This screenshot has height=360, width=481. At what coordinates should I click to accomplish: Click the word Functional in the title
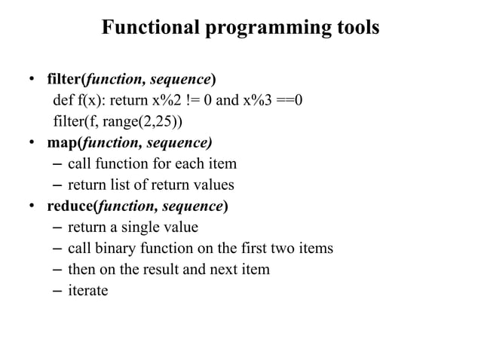(150, 28)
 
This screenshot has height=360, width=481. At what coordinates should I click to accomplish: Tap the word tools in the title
(354, 28)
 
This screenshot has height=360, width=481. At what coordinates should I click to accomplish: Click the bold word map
(63, 143)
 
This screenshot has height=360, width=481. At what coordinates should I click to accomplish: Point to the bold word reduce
(69, 206)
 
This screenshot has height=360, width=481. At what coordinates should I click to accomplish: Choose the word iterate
(87, 290)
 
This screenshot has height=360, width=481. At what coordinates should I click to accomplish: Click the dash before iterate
(58, 290)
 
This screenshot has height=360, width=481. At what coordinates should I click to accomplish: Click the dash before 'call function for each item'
(58, 164)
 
